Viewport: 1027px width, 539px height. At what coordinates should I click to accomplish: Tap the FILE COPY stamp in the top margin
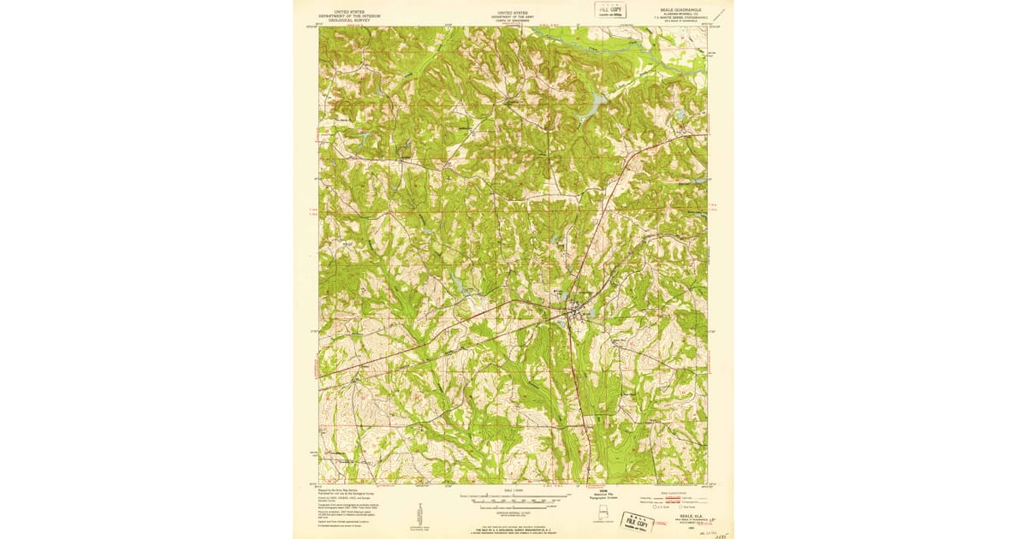[610, 9]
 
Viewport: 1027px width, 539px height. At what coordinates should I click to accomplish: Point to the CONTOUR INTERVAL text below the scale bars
[513, 514]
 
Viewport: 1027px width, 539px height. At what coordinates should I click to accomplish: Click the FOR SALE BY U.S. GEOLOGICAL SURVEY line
[513, 531]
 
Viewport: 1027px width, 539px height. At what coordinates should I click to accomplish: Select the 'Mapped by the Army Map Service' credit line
[336, 489]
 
